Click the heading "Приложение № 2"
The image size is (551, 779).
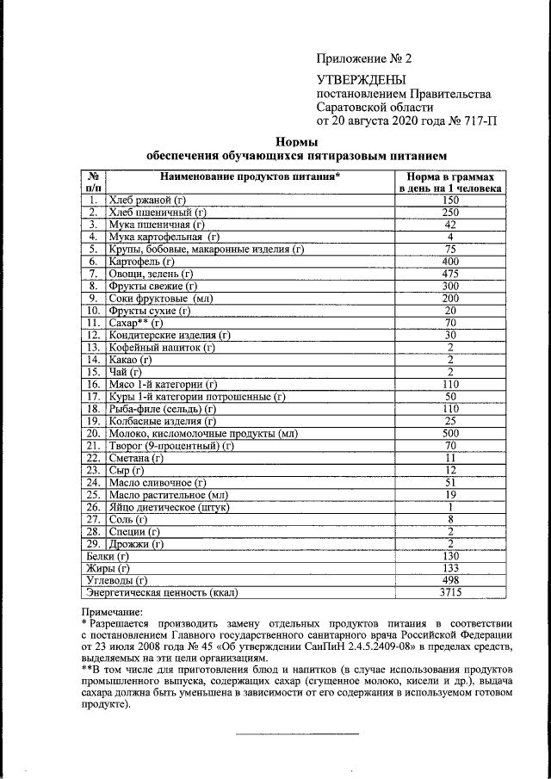coord(365,59)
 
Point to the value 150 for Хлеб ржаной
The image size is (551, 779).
coord(450,200)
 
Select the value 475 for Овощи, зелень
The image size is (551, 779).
coord(450,272)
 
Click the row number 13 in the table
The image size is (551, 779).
coord(94,347)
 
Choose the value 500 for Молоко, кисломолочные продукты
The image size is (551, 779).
coord(450,433)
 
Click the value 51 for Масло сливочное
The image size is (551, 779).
coord(450,483)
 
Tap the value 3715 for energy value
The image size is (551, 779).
coord(450,593)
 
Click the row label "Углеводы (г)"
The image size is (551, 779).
coord(115,581)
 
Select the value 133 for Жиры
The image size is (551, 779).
coord(450,569)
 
